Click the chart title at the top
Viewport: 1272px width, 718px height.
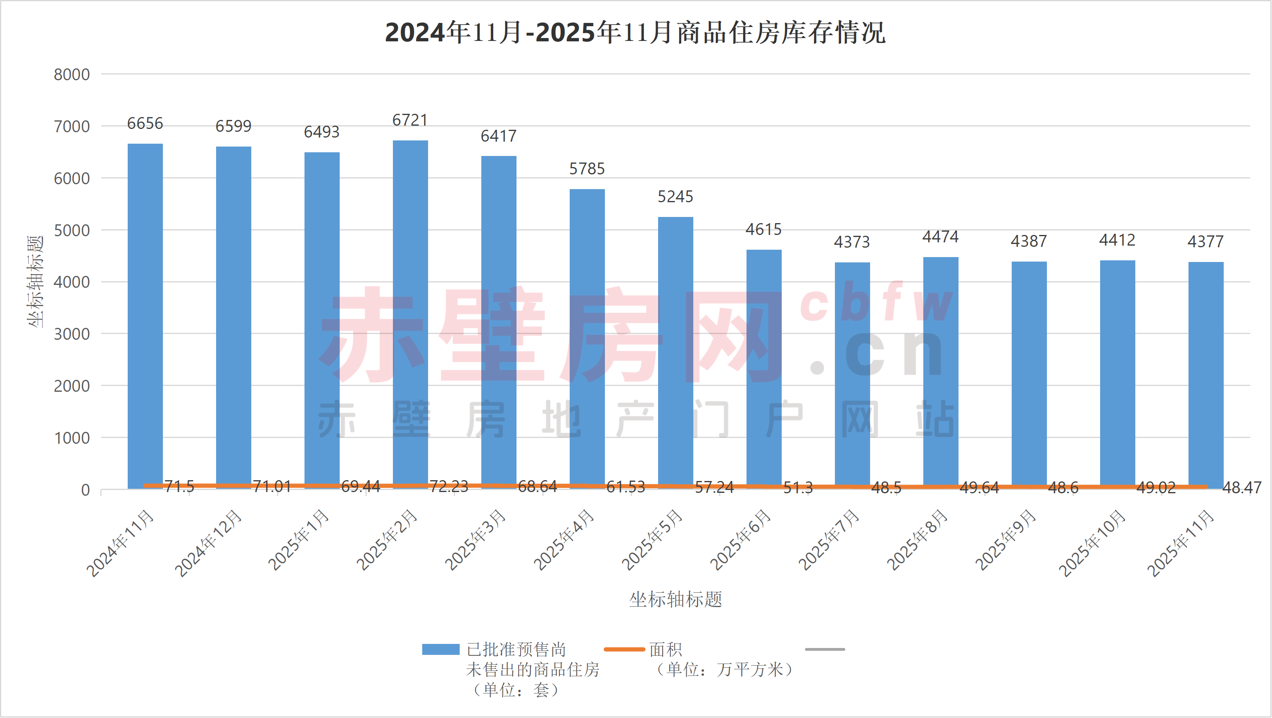635,33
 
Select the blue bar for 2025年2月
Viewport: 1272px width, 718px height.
410,314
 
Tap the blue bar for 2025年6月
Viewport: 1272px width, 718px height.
764,368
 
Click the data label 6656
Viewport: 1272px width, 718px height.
145,124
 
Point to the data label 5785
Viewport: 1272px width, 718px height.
587,169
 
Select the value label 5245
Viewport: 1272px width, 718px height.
676,197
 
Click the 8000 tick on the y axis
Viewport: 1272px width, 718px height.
72,75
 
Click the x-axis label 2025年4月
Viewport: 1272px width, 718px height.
564,540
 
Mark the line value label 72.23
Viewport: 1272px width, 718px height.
449,487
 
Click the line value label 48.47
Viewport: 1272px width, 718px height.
1242,488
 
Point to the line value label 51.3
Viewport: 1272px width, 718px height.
798,488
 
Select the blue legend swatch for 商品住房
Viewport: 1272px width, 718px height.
440,649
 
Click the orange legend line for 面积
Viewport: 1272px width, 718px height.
624,649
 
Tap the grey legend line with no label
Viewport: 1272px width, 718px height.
825,649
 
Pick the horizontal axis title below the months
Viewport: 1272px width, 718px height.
676,599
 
